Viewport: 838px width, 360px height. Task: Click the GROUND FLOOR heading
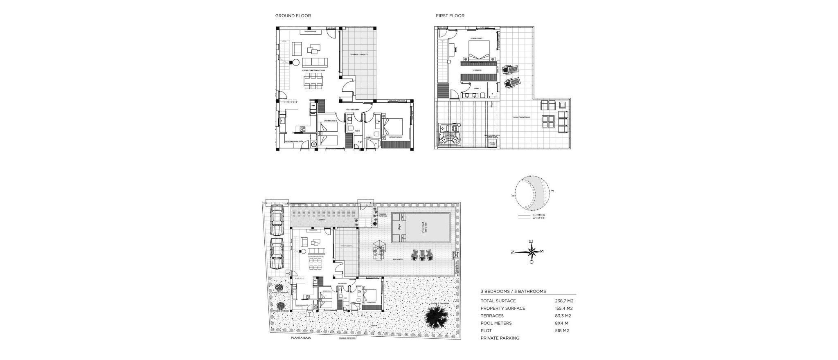(293, 16)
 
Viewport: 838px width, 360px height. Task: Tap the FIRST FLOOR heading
(450, 16)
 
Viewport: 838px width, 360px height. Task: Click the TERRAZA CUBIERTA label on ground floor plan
(358, 54)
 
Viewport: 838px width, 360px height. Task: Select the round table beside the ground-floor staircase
(293, 63)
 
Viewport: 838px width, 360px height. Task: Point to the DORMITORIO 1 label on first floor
(477, 38)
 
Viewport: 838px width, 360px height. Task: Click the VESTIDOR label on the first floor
(477, 70)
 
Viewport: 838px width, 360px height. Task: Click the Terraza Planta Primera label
(521, 117)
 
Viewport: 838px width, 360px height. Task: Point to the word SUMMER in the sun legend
(538, 215)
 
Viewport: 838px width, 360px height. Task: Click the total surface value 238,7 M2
(564, 301)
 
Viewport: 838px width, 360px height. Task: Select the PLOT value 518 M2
(562, 331)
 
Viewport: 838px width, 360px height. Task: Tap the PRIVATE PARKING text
(500, 338)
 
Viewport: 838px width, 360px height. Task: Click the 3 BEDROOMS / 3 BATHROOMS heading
(513, 291)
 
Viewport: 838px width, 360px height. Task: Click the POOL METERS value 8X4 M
(562, 323)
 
